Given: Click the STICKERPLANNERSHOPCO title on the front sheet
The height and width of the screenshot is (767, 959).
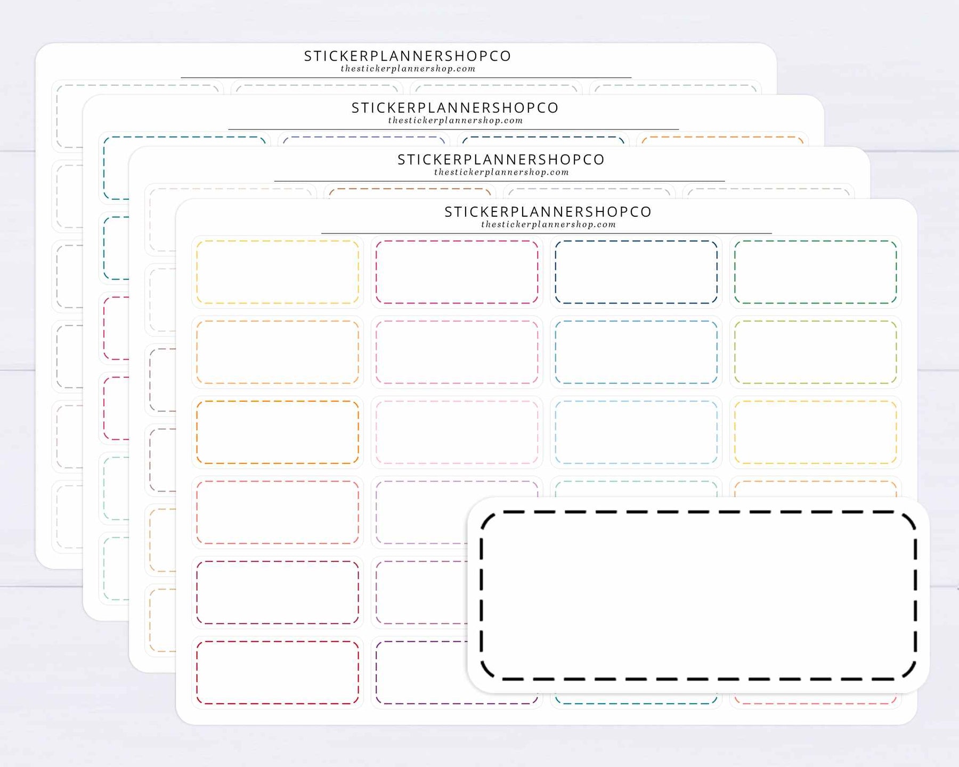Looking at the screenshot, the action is (548, 211).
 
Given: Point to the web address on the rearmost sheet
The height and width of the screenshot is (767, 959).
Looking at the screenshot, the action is (408, 69).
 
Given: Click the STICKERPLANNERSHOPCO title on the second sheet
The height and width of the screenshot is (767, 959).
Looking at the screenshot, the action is (455, 108).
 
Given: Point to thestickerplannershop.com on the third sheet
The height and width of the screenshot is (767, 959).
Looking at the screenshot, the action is (501, 172).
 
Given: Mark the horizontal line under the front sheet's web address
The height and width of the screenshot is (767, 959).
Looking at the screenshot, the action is (547, 233).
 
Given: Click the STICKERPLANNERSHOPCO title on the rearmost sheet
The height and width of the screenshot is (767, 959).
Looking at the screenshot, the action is (408, 56).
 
